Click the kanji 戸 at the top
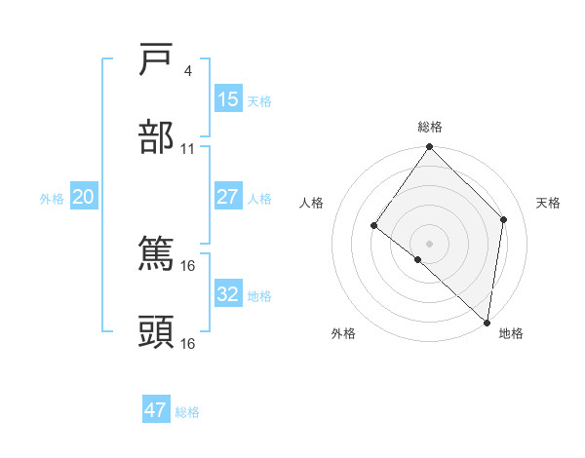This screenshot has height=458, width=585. coord(157,60)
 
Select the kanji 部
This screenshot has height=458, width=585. coord(157,137)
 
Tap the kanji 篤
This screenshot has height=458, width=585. coord(157,253)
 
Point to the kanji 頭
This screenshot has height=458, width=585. coord(157,331)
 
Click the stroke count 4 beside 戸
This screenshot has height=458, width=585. coord(187,71)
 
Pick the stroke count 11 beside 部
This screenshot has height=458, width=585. coord(187,149)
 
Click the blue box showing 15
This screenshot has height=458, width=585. coord(227,99)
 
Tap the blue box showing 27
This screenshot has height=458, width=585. coord(227,196)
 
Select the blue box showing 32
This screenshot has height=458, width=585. coord(227,294)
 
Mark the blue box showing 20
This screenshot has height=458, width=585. coord(83,197)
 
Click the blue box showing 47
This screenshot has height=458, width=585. coord(156,410)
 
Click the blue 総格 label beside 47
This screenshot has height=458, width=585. coord(187,412)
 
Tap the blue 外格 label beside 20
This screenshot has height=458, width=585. coord(52,199)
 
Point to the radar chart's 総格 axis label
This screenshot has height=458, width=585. coord(430,127)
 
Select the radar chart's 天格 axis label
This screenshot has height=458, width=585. coord(549,203)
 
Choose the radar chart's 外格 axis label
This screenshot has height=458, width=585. coord(343,333)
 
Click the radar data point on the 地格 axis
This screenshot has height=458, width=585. coord(487,323)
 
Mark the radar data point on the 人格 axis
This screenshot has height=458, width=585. coord(374,225)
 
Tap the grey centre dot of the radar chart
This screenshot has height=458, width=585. coord(430,243)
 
